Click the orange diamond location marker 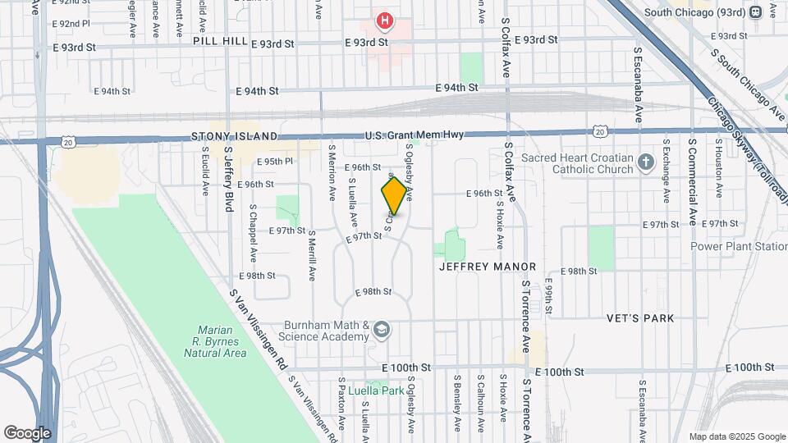tap(395, 196)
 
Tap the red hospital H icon tap(383, 20)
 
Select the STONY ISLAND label tap(235, 136)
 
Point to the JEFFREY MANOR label tap(488, 267)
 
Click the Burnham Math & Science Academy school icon tap(382, 331)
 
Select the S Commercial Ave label tap(693, 182)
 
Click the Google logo tap(27, 432)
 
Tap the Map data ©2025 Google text tap(736, 436)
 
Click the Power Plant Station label tap(738, 245)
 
